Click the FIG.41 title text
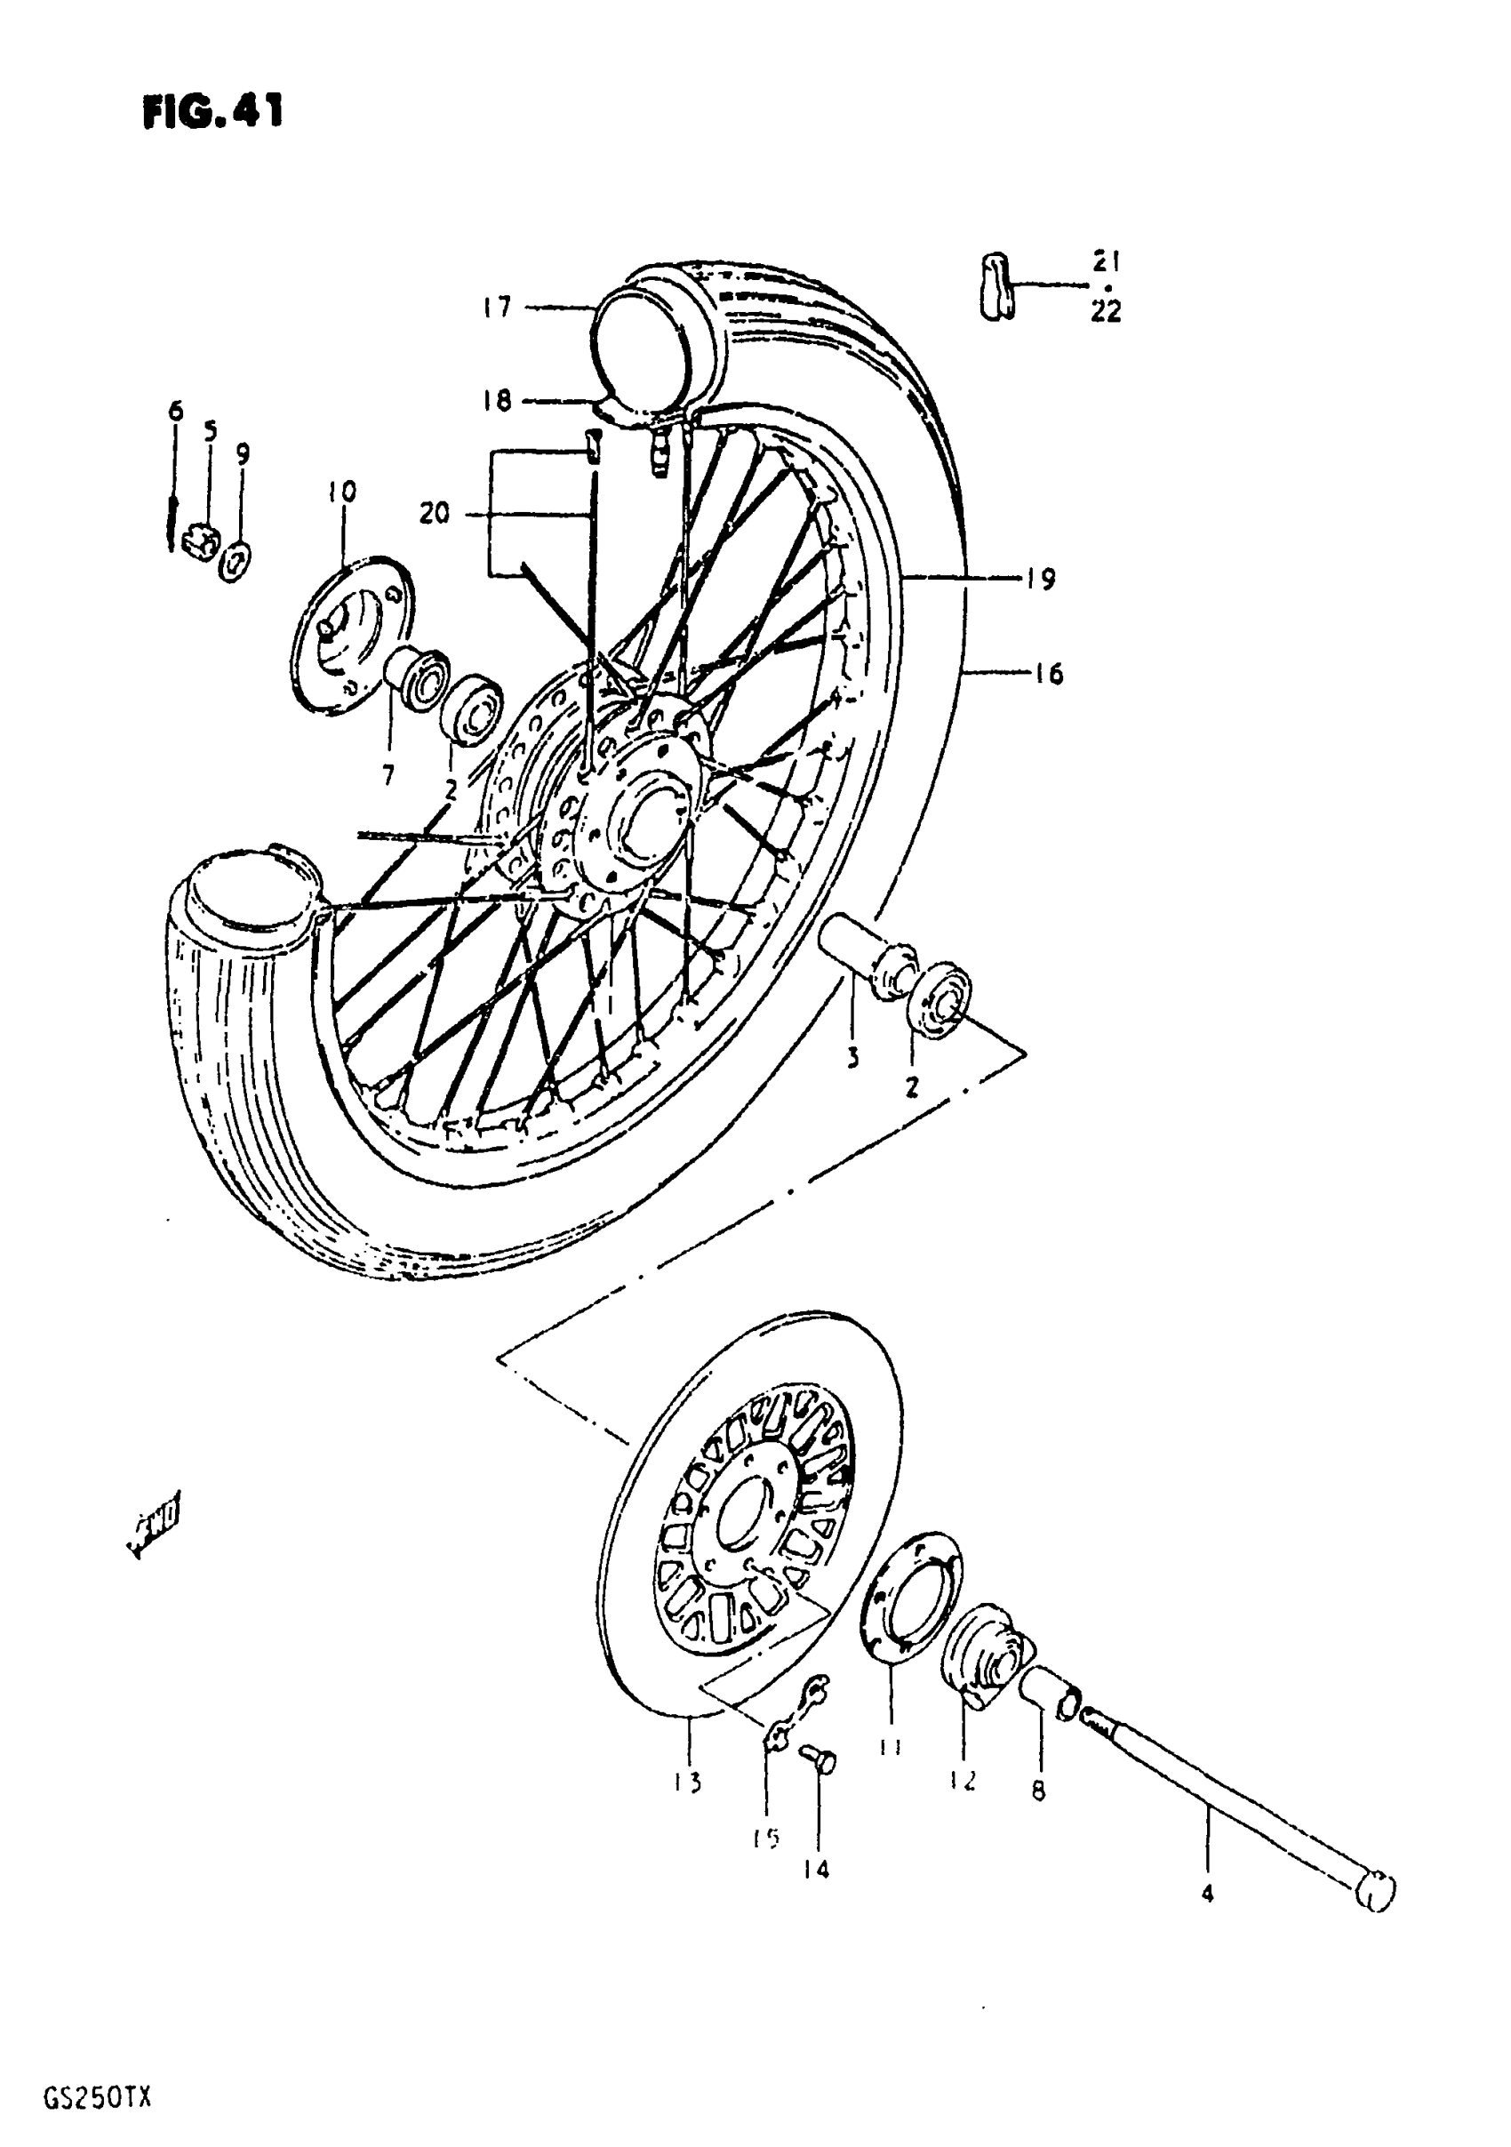212,112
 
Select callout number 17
498,307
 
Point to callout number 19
1040,580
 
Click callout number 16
1049,673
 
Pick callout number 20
434,513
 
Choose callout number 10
342,493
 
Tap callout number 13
687,1783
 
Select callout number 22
1105,311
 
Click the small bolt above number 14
820,1758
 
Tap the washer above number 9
236,562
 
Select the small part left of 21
995,284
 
